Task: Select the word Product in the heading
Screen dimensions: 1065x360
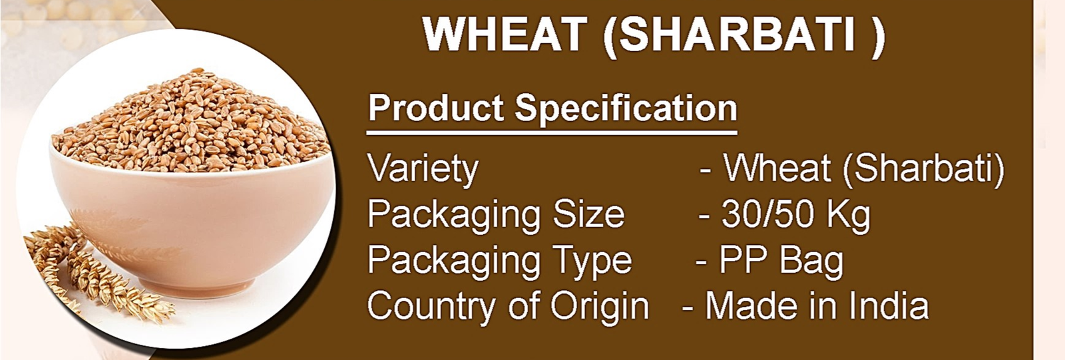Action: point(436,108)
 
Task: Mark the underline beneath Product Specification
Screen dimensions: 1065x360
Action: point(552,132)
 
